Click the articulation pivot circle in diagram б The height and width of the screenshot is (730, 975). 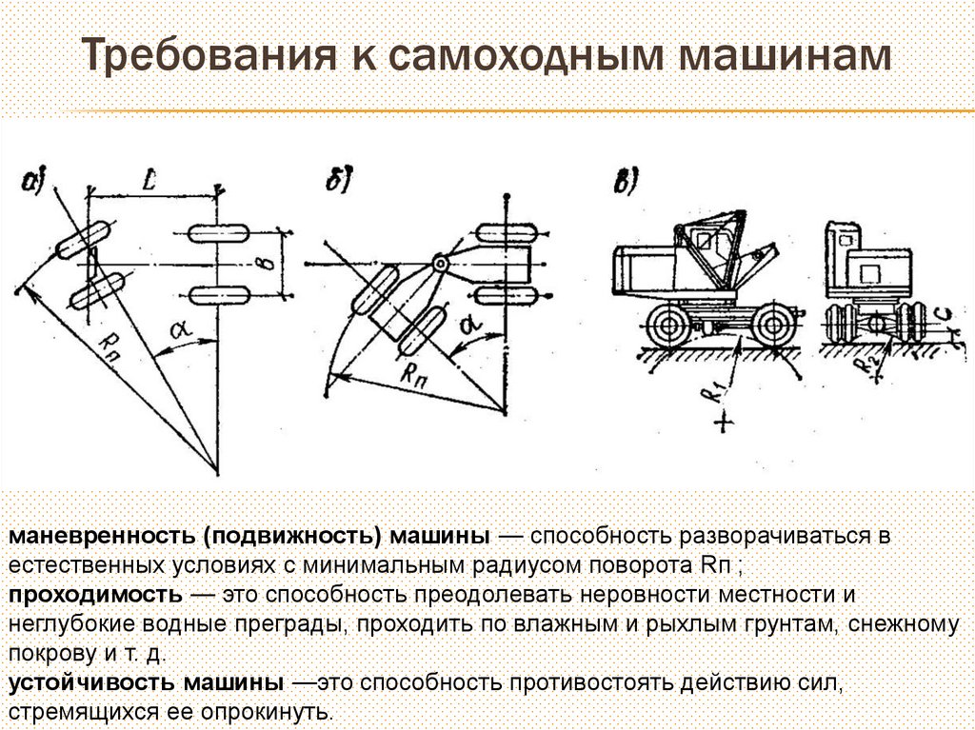pyautogui.click(x=439, y=263)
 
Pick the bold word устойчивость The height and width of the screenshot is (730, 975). pyautogui.click(x=92, y=683)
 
